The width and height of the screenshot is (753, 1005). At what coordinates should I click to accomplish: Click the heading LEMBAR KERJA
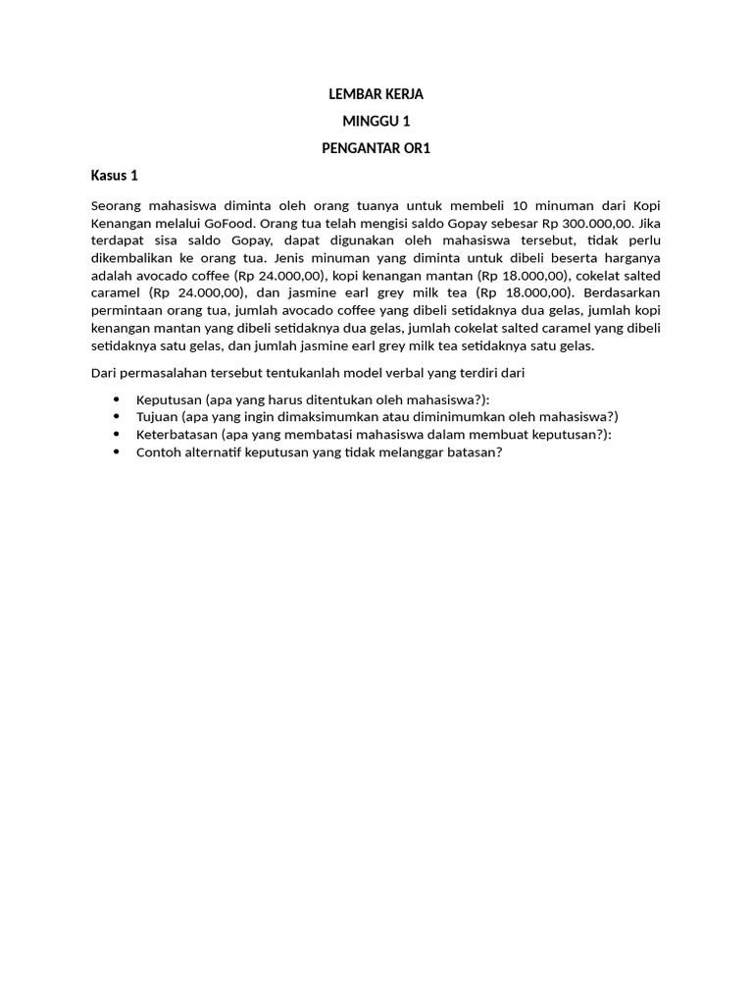[x=376, y=95]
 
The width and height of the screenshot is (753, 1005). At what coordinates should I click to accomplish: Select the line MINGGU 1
[x=376, y=122]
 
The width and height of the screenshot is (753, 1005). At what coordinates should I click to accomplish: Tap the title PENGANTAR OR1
[x=376, y=149]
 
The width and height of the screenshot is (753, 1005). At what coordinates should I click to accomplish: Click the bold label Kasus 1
[x=115, y=176]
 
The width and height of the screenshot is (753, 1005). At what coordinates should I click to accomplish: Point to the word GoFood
[x=226, y=222]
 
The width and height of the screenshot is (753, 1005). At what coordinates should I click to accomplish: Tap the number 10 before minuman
[x=520, y=204]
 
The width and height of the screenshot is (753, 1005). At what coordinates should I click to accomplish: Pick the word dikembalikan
[x=130, y=257]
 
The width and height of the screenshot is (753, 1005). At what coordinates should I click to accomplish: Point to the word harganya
[x=631, y=257]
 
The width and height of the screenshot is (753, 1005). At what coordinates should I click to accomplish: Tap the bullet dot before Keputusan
[x=117, y=399]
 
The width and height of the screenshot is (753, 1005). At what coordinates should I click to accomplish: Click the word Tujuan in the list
[x=160, y=417]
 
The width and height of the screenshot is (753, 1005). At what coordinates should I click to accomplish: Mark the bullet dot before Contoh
[x=117, y=452]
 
